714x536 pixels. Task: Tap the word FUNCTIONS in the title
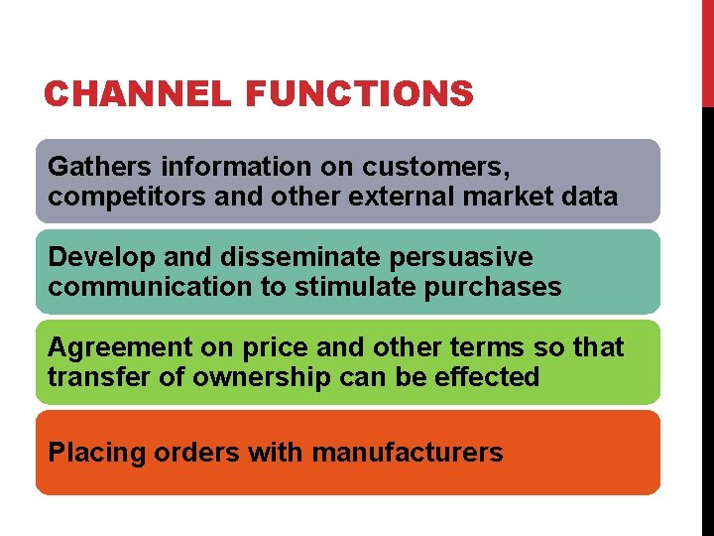point(359,94)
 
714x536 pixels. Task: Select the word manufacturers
point(407,454)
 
